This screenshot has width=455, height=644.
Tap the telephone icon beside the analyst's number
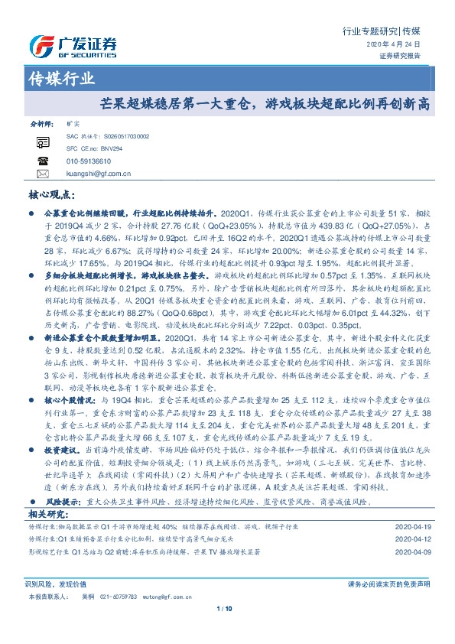41,161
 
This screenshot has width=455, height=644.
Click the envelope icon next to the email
41,174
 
